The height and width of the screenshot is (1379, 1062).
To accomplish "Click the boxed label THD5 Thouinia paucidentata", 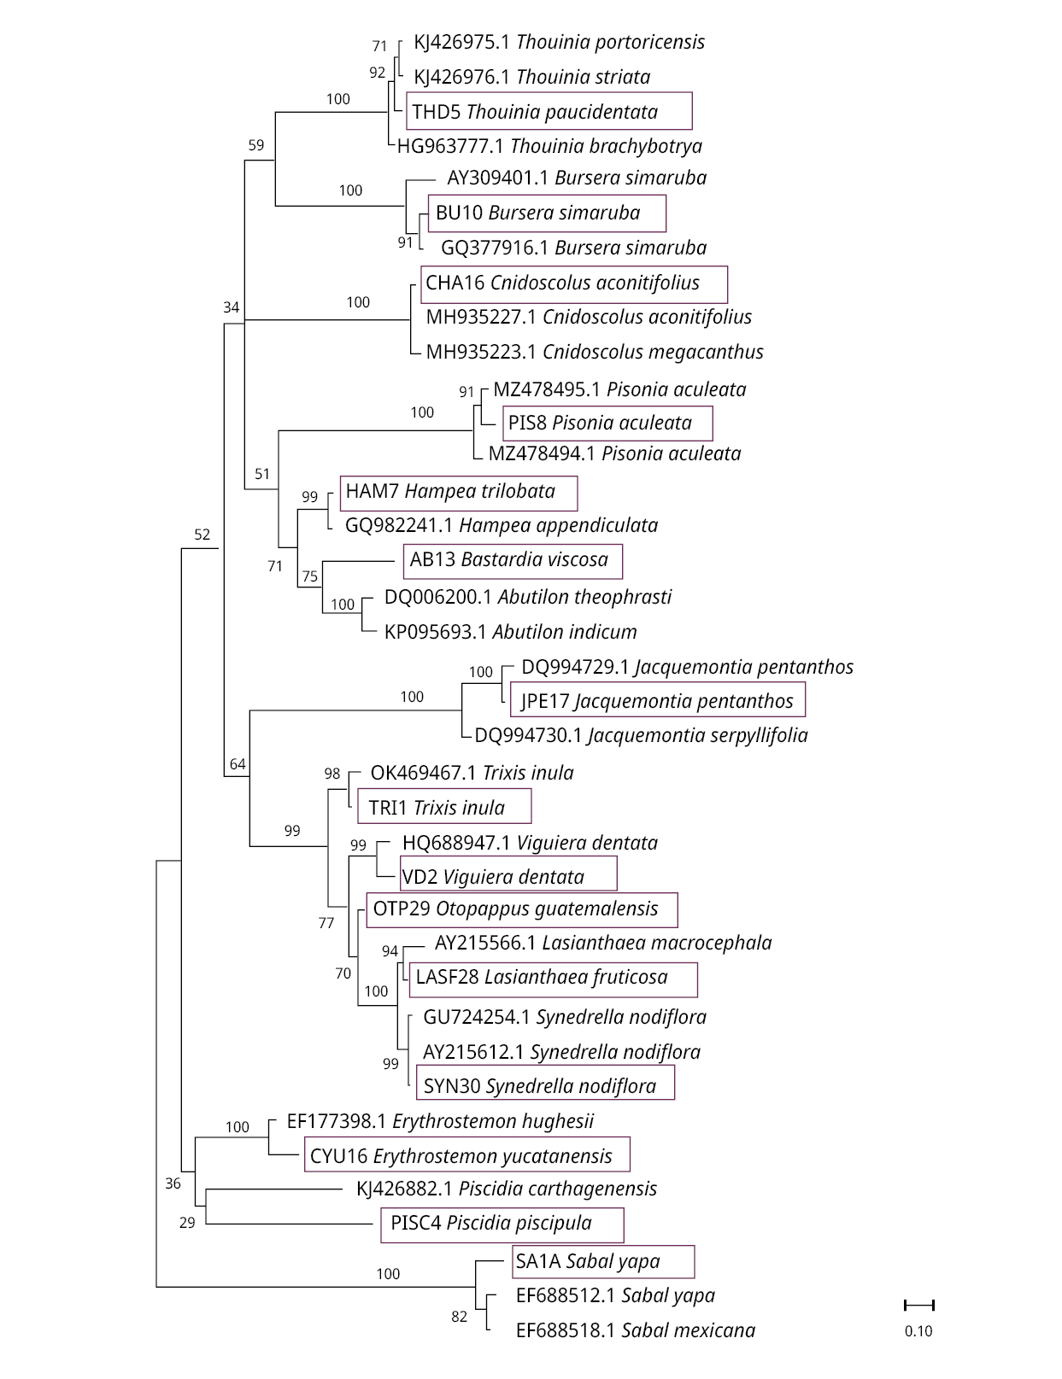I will [549, 112].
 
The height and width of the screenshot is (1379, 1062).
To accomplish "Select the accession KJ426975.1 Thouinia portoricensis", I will [559, 42].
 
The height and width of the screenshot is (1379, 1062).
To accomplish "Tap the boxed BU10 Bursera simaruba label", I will [546, 213].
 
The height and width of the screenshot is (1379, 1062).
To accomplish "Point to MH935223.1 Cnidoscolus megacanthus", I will [595, 352].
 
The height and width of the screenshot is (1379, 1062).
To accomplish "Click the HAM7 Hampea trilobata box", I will [458, 492].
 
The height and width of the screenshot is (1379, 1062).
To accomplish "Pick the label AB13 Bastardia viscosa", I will [512, 560].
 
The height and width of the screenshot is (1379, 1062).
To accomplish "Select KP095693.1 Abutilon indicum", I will [510, 632].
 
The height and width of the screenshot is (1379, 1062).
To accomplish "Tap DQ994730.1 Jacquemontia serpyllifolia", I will [641, 735].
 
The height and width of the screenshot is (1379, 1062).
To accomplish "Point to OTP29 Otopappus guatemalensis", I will [521, 909].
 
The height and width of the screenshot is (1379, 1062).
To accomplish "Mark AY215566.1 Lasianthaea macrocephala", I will [602, 943].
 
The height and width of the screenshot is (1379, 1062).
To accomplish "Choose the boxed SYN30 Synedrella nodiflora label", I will [544, 1086].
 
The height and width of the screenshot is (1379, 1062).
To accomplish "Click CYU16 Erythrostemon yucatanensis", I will [466, 1156].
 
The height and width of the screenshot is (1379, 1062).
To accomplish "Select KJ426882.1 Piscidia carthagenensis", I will [507, 1189].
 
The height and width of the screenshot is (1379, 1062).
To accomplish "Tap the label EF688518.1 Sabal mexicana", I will [635, 1330].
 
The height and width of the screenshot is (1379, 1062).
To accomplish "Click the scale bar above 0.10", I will [919, 1305].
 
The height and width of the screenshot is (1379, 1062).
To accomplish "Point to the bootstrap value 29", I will [187, 1223].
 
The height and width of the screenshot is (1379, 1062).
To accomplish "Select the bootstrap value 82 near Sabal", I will [460, 1317].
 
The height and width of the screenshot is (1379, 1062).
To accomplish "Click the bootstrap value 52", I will [202, 535].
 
